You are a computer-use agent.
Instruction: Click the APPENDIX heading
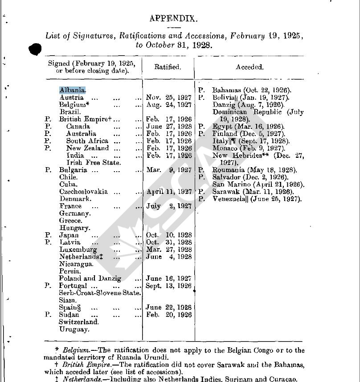173,18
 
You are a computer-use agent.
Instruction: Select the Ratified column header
168,67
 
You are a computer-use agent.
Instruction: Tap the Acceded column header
250,67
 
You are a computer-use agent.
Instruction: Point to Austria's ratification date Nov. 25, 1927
169,97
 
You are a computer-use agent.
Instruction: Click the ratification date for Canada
169,126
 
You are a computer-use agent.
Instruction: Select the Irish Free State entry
94,163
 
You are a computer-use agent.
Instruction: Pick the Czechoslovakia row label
83,192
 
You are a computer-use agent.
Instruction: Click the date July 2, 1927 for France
169,206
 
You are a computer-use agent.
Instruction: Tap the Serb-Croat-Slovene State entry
100,293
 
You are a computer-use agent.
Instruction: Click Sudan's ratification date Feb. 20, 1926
169,315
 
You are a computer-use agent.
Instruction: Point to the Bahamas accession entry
252,90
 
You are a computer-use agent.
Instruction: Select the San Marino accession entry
258,184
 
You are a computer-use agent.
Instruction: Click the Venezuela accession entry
257,199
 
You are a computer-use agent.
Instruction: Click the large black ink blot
35,49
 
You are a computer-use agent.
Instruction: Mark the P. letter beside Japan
49,235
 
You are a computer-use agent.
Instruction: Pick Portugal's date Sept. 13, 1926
169,286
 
